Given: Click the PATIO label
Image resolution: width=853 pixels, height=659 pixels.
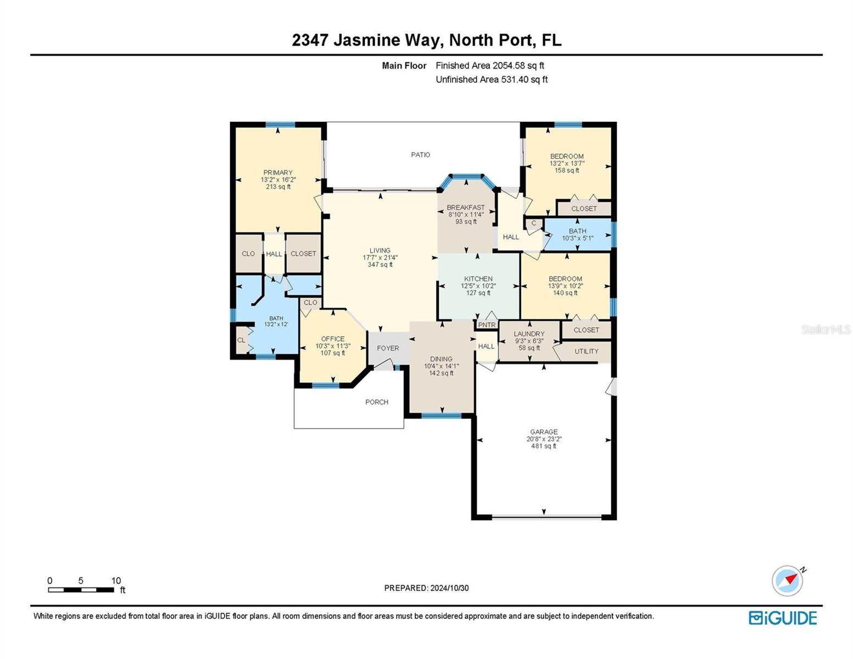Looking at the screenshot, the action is pos(420,155).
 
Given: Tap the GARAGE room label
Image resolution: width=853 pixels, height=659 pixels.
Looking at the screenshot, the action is pos(544,432).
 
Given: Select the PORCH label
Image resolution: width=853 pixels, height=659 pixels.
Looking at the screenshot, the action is pos(376,402).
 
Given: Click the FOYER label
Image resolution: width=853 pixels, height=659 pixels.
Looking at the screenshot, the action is pos(388,348).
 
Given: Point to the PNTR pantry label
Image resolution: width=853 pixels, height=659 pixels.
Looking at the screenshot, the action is pos(487,325).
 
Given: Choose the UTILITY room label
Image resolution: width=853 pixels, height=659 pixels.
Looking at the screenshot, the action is pos(587,351).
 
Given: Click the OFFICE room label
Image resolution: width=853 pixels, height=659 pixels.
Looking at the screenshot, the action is pos(333,339).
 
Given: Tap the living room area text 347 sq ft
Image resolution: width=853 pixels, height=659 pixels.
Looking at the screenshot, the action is pos(380,265).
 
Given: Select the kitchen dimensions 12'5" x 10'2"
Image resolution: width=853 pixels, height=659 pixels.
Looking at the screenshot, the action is pos(478,286).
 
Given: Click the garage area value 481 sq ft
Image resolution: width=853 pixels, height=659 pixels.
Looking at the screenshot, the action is pos(544,446).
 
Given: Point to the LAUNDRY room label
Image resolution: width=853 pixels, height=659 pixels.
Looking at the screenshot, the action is pos(529,334).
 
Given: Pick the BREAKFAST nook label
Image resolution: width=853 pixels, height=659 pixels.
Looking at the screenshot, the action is pos(466,207).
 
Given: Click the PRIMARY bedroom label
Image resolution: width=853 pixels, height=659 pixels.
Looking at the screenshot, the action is pos(278,172).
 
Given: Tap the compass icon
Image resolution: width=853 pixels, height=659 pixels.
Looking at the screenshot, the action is pos(788,580).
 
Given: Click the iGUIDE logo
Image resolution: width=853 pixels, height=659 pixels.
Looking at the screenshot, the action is pos(783,618).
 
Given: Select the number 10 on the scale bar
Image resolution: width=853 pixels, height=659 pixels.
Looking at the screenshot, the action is pos(116,580).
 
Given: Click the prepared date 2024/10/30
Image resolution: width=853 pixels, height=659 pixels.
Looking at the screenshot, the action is pos(449,588).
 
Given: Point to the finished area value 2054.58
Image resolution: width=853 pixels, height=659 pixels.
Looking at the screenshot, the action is pos(509,65).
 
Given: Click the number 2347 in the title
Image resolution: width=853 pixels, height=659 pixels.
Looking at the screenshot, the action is pos(310,40).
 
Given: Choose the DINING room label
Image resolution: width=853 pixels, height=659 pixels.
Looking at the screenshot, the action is pos(441,359).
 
